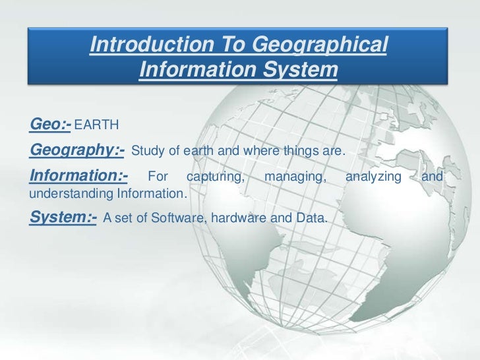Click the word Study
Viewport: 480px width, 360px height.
(146, 152)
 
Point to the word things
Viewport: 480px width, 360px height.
(294, 152)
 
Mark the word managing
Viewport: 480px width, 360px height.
(295, 178)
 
